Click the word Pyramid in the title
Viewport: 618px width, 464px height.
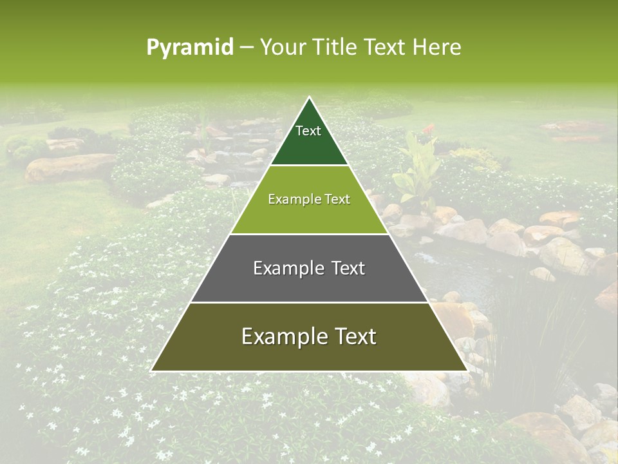[189, 48]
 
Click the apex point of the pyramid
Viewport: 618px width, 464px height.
[309, 98]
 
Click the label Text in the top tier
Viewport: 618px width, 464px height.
[308, 131]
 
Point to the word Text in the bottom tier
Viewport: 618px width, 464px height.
[355, 336]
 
